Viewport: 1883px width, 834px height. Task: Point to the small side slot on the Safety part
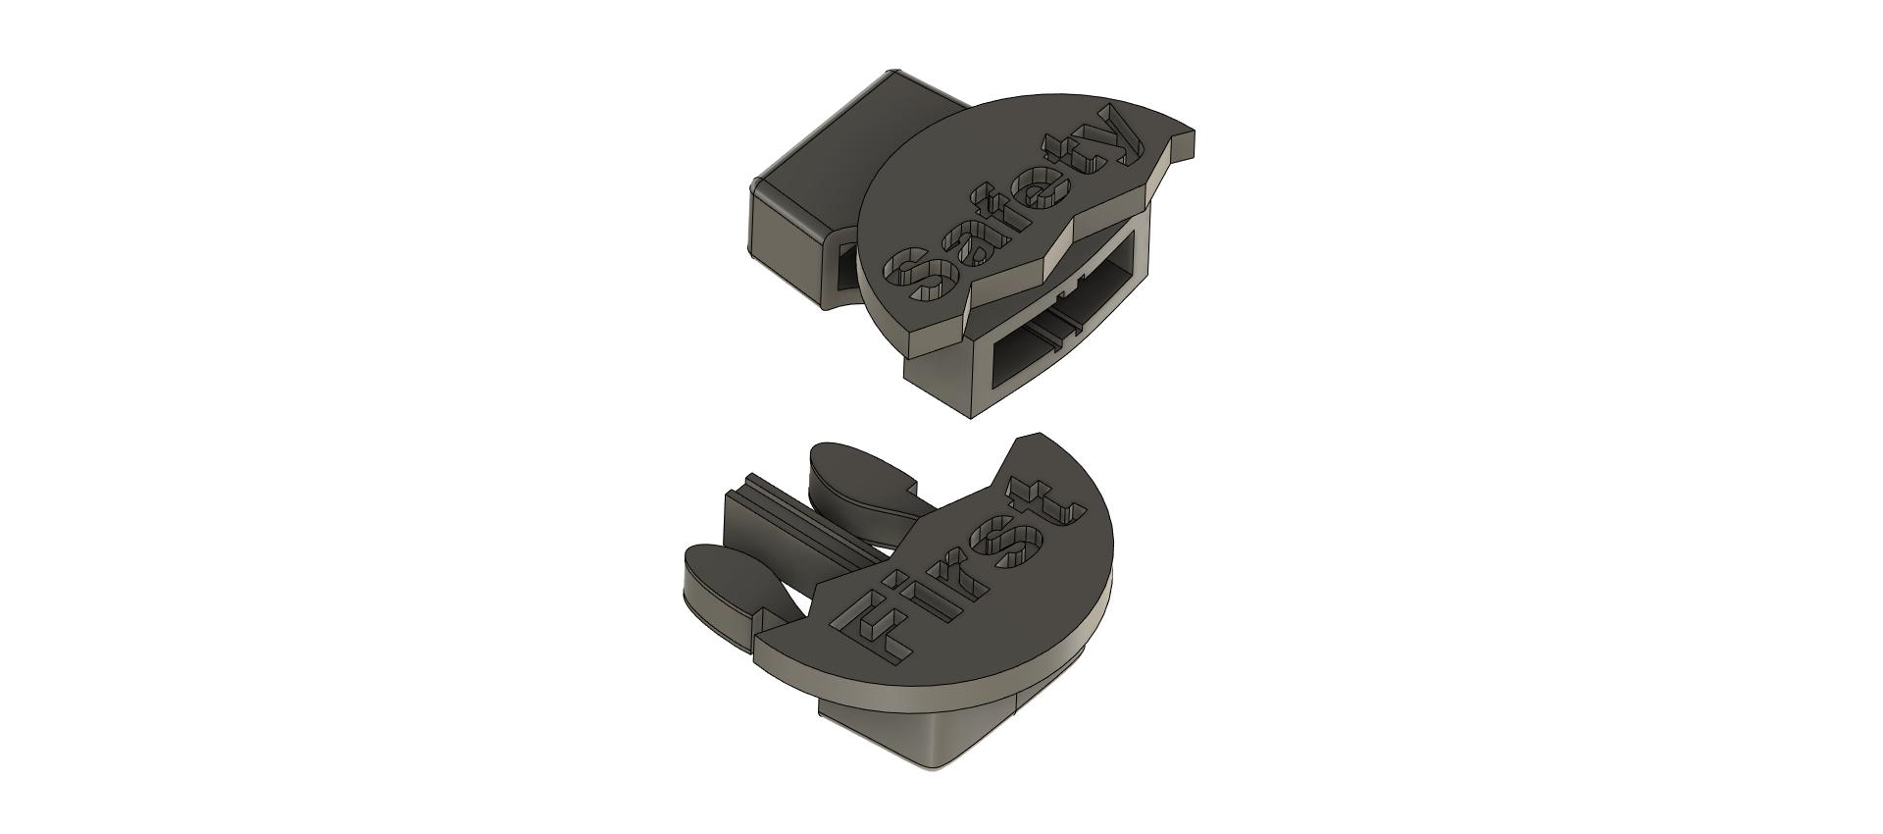(x=845, y=265)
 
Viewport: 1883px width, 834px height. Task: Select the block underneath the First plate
(x=922, y=731)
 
